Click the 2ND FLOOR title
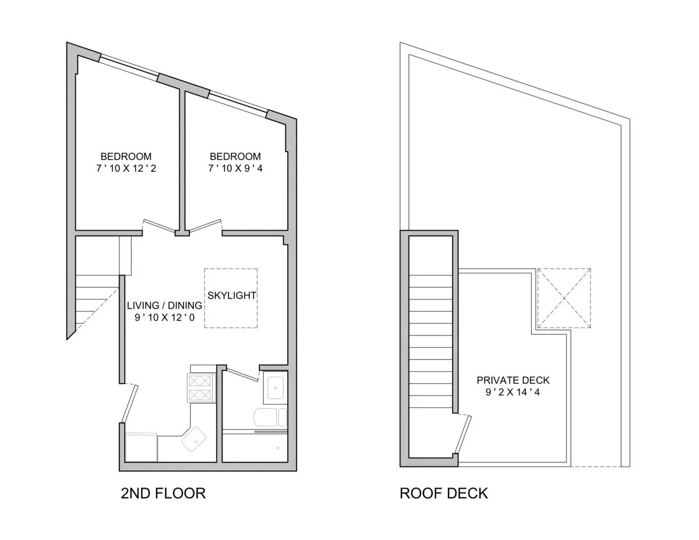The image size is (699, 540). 163,494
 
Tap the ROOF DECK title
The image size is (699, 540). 443,494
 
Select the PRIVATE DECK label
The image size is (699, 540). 513,380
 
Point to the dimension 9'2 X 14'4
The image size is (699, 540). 513,392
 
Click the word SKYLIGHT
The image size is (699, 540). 231,295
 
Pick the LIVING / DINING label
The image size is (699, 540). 165,305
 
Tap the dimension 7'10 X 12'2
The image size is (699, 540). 126,168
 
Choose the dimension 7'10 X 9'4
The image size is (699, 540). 235,168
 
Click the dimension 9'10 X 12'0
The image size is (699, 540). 165,317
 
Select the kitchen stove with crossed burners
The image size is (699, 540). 200,388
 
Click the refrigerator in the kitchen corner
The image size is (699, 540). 141,447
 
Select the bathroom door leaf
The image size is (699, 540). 242,375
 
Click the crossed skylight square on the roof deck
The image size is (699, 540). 563,298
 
